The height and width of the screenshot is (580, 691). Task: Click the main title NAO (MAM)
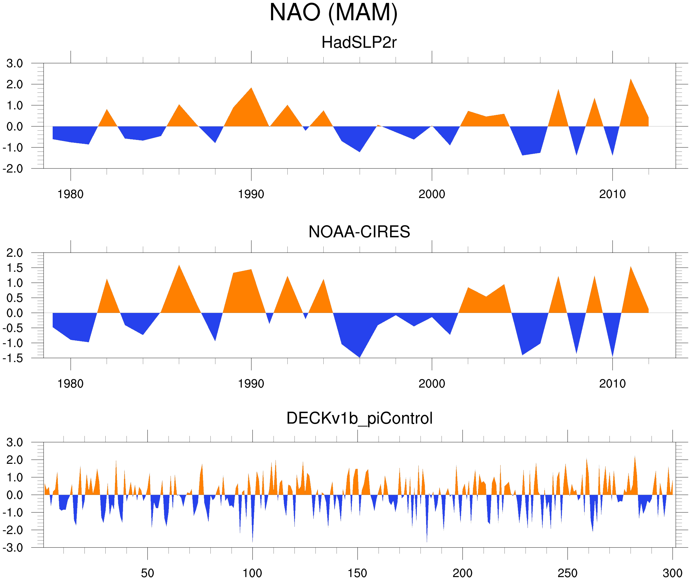tap(333, 13)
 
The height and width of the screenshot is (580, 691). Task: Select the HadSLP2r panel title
tap(359, 42)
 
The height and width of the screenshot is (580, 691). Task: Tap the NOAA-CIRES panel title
tap(359, 232)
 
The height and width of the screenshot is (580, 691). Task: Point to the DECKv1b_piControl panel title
tap(359, 419)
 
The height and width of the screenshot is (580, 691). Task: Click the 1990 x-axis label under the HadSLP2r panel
tap(251, 195)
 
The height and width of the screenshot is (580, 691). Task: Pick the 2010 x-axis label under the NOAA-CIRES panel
tap(612, 384)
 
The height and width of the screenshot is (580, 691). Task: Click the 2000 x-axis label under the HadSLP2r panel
tap(432, 195)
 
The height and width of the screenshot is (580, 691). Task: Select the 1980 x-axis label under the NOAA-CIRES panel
tap(70, 384)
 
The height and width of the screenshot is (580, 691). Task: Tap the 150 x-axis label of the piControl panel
tap(357, 573)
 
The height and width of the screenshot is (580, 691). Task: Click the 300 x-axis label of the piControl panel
tap(672, 573)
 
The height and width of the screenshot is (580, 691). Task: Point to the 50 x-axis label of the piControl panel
tap(147, 573)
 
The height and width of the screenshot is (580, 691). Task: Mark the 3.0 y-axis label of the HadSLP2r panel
tap(15, 64)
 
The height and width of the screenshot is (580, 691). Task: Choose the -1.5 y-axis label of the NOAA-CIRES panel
tap(13, 358)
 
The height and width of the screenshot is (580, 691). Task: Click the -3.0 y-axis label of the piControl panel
tap(13, 548)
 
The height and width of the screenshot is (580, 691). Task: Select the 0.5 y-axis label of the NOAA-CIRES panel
tap(15, 298)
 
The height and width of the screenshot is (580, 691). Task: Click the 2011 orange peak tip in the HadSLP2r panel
tap(630, 79)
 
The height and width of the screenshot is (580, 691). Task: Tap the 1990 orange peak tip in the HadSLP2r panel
tap(251, 88)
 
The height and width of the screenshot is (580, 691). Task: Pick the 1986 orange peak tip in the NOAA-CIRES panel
tap(179, 265)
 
